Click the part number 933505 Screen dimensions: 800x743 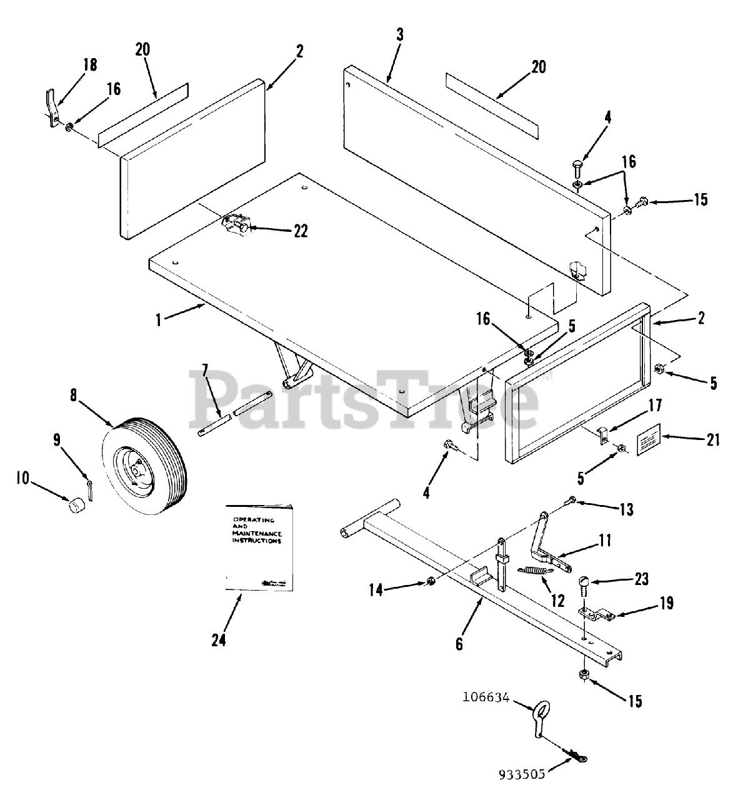point(522,775)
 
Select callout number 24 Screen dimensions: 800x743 point(218,640)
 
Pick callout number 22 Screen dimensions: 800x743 point(301,231)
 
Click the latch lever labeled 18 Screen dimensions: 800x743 point(52,106)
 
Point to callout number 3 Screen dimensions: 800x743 point(399,34)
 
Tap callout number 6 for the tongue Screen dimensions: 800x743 point(459,643)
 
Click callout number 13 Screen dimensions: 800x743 point(627,510)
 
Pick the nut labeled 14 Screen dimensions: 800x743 point(430,582)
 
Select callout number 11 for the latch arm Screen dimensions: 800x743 point(605,540)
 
